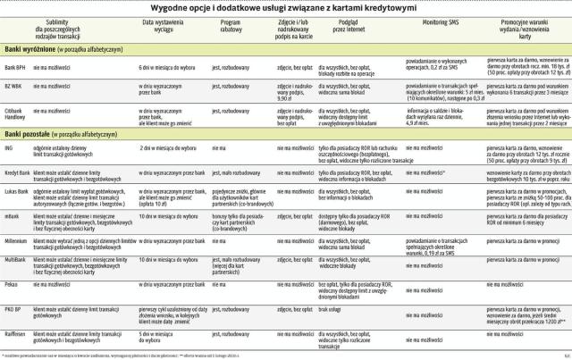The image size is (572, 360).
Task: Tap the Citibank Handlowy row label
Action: pyautogui.click(x=15, y=113)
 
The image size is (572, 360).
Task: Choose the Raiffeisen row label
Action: pyautogui.click(x=14, y=331)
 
